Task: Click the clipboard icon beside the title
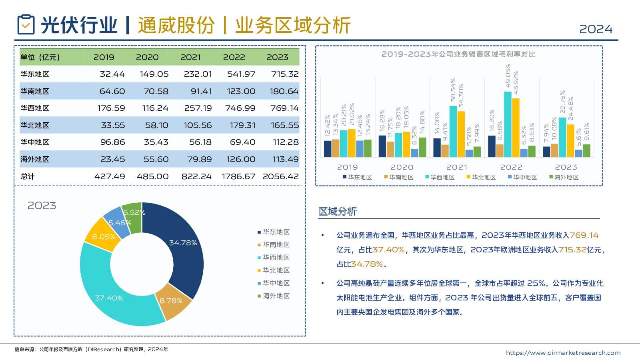(x=26, y=25)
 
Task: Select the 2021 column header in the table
(x=190, y=57)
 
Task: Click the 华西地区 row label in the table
(x=35, y=108)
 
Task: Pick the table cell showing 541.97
(x=241, y=74)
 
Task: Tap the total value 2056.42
(x=280, y=176)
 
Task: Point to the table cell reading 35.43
(x=156, y=142)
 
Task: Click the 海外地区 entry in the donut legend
(x=276, y=296)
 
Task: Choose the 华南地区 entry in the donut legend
(x=276, y=245)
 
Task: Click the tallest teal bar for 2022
(x=508, y=124)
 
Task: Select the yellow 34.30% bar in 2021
(x=461, y=134)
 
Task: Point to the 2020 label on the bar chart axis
(x=402, y=167)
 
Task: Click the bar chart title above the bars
(x=458, y=54)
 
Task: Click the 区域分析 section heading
(x=338, y=212)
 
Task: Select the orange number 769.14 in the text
(x=584, y=236)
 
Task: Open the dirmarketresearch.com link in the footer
(x=563, y=353)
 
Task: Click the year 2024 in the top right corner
(x=596, y=29)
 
